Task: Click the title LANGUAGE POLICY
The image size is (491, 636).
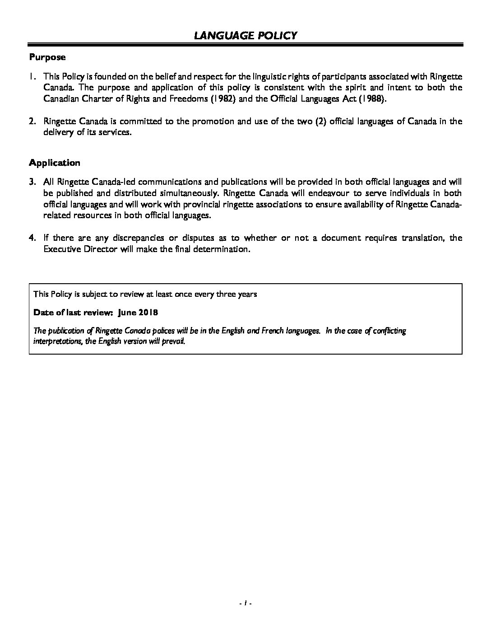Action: coord(245,35)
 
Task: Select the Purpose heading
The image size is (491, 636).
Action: coord(47,57)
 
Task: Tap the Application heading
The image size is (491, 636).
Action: coord(55,163)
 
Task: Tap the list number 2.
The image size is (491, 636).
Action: coord(32,122)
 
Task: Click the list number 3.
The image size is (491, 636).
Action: coord(32,182)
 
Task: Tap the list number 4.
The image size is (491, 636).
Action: coord(32,238)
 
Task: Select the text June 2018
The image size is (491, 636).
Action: coord(138,313)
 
